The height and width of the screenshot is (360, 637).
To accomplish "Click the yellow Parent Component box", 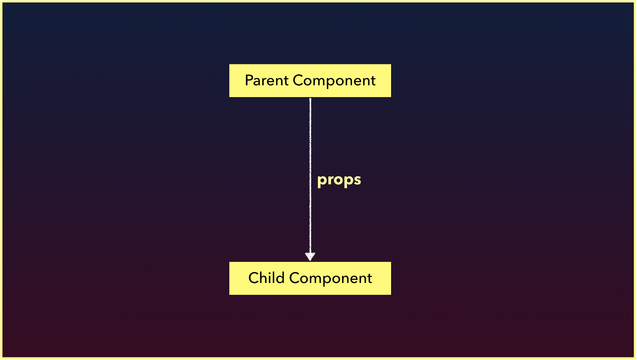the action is click(x=310, y=81).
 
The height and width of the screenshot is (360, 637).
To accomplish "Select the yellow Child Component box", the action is click(x=310, y=278).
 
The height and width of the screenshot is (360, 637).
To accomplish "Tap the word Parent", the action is click(x=267, y=80).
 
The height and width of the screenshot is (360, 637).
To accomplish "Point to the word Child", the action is click(x=266, y=278).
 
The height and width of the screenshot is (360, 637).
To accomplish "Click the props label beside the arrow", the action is click(x=339, y=180).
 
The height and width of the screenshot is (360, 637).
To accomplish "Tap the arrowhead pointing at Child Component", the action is click(x=310, y=256).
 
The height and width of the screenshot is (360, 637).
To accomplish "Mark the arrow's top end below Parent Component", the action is click(x=310, y=98).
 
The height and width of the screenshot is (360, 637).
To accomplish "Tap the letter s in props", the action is click(x=357, y=180).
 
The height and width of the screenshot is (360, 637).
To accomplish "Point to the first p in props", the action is click(x=322, y=181).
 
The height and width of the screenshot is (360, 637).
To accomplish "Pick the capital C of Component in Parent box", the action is click(x=299, y=80).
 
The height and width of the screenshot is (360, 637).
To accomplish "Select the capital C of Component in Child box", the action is click(x=295, y=278).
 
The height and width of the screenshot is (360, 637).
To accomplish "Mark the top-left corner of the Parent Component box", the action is click(x=229, y=64).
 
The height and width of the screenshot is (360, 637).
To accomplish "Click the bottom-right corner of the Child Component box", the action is click(x=391, y=294).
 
